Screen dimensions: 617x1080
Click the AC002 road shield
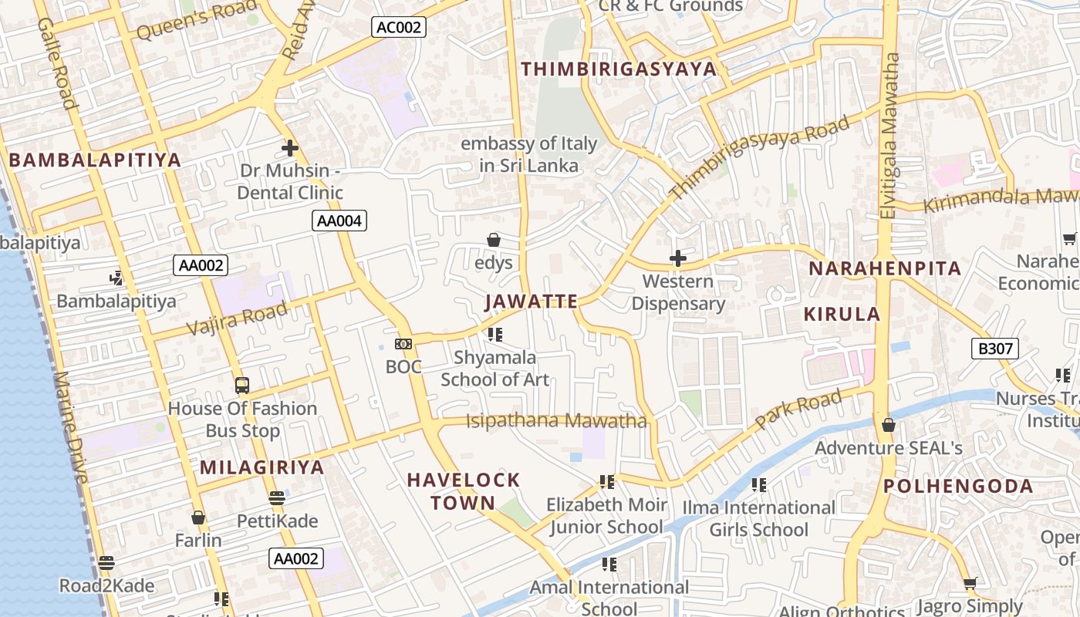point(398,28)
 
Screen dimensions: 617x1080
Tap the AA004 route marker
point(339,221)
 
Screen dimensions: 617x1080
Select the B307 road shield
point(994,349)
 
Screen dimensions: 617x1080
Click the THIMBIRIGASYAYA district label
point(619,69)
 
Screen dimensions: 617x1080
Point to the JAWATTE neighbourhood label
point(532,302)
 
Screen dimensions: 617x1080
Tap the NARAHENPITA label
point(885,268)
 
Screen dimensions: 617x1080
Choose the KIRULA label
point(842,314)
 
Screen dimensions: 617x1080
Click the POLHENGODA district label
point(958,486)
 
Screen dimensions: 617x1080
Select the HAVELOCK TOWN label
point(463,491)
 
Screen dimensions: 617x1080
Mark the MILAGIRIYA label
point(262,467)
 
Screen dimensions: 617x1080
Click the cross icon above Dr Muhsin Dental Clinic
point(290,147)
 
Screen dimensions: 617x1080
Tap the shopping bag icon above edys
point(494,241)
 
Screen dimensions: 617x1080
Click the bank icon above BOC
point(403,344)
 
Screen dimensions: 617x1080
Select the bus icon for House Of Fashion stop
point(242,385)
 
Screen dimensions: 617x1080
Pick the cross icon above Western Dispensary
point(678,258)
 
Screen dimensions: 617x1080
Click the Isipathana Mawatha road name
point(556,421)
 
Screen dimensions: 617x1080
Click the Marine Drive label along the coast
point(72,428)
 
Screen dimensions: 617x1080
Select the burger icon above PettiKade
point(277,498)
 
